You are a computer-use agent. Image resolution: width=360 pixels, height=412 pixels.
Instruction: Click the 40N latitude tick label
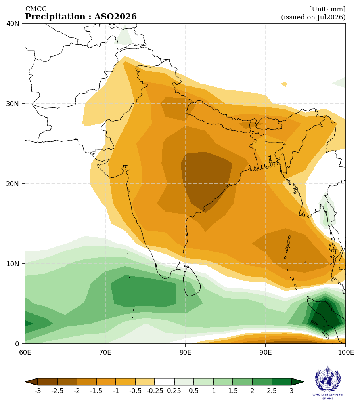[13, 24]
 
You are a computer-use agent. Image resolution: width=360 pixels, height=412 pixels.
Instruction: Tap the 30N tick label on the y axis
[13, 104]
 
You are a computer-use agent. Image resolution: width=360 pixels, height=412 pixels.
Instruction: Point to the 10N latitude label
[13, 264]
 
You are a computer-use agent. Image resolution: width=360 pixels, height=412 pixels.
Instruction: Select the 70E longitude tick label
[105, 352]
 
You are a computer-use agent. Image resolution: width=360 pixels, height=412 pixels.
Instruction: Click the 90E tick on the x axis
[266, 352]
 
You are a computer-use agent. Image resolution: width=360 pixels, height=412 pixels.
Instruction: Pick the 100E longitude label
[346, 352]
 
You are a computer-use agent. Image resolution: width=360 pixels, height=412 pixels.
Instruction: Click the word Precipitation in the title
[55, 17]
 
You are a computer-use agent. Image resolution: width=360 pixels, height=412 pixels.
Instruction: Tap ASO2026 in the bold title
[115, 17]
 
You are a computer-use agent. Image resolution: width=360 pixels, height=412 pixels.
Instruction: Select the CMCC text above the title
[36, 9]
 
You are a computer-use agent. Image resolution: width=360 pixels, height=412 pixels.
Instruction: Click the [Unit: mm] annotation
[327, 9]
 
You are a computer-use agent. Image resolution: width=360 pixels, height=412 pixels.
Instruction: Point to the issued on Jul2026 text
[314, 17]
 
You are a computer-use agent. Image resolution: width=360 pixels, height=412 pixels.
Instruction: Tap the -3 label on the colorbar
[38, 391]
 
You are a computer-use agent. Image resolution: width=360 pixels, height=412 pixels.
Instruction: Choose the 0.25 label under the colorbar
[174, 391]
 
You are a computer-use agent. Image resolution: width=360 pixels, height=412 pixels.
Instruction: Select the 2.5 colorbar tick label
[272, 391]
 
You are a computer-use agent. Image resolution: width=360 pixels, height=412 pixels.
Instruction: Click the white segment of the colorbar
[165, 382]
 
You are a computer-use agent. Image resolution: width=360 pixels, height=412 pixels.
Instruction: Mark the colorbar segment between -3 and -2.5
[48, 382]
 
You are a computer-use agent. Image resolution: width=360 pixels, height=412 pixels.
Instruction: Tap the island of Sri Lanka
[191, 282]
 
